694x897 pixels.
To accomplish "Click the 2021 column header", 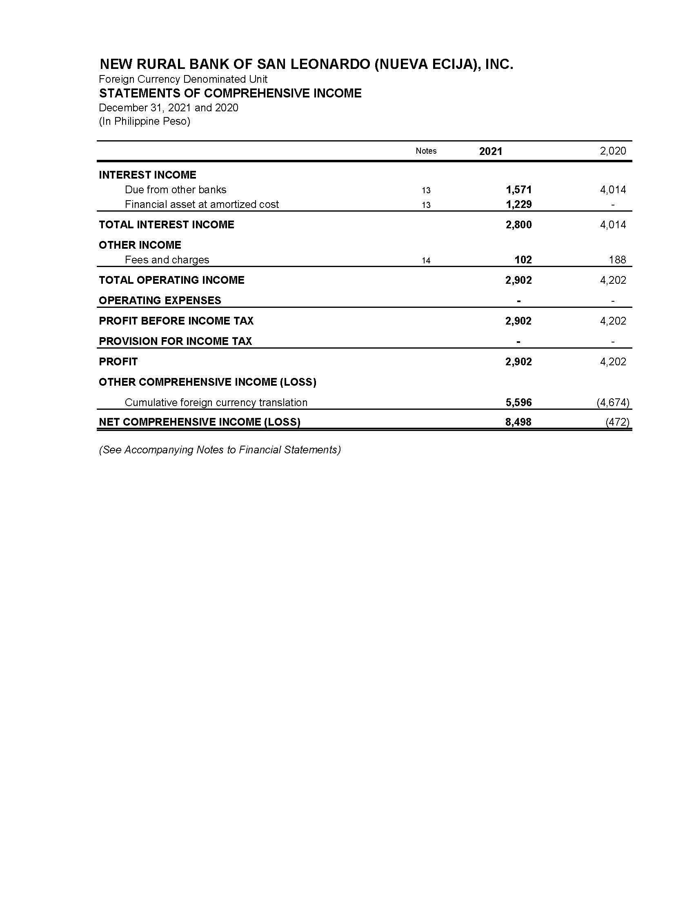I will tap(490, 151).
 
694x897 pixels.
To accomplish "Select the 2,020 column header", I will tap(613, 151).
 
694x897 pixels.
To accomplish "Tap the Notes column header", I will tap(426, 151).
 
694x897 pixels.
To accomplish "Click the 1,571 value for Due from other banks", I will tap(518, 189).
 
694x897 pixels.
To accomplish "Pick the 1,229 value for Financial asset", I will tap(518, 204).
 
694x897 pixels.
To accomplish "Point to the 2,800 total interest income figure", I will tap(518, 225).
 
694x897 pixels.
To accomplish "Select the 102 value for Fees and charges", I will tap(523, 260).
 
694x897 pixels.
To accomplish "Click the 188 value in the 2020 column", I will tap(617, 260).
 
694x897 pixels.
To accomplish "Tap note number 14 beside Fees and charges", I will tap(426, 260).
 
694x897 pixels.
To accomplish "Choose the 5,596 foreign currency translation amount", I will tap(518, 402).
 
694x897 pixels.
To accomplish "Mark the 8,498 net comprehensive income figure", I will tap(518, 422).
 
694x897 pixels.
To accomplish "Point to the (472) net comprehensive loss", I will tap(617, 422).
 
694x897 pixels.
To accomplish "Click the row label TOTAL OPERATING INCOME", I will tap(171, 280).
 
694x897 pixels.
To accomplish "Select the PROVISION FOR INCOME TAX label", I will tap(175, 341).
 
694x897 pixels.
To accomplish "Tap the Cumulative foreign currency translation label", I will tap(216, 402).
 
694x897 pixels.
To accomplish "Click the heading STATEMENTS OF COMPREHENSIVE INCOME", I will tap(230, 93).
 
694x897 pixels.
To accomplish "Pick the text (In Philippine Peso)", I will tap(144, 121).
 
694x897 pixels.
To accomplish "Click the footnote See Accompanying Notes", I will tap(220, 450).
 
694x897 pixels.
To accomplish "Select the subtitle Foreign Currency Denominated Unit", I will tap(183, 79).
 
